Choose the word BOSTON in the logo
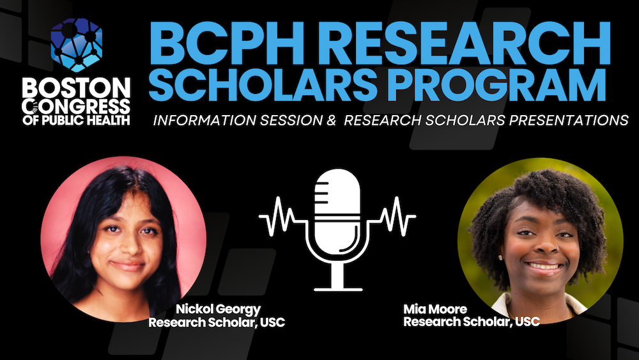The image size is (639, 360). [75, 87]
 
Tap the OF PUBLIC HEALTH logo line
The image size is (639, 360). [75, 119]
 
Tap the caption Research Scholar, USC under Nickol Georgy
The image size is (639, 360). [217, 322]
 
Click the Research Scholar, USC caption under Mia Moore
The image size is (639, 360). [471, 322]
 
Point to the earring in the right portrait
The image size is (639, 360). [500, 258]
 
